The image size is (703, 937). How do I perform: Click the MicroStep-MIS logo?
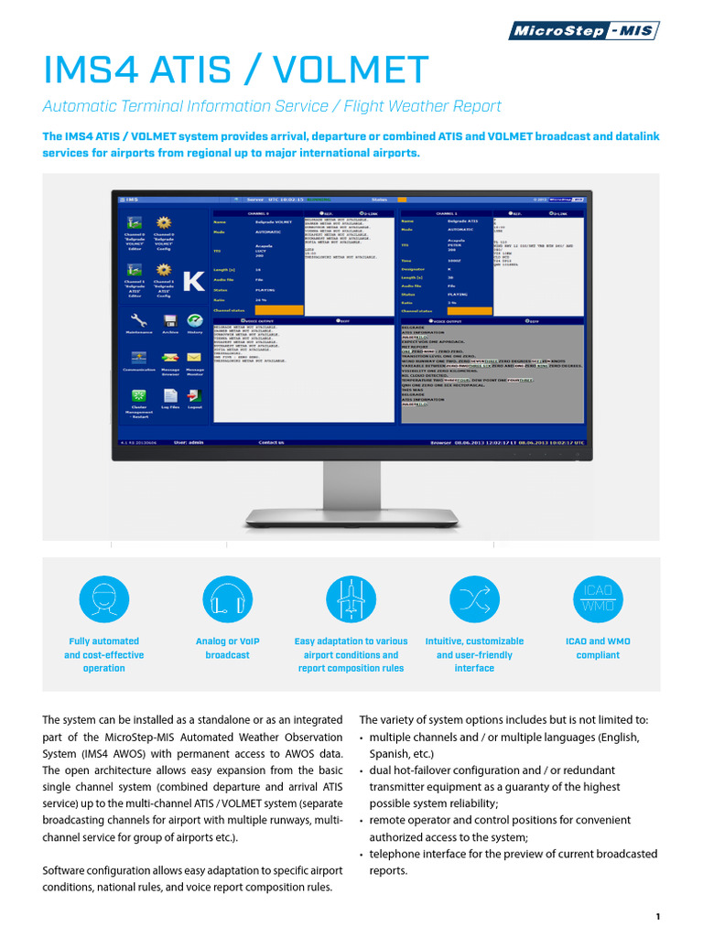584,31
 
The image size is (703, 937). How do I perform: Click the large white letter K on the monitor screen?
193,282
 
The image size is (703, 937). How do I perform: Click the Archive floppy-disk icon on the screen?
169,320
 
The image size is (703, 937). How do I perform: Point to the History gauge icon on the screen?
195,320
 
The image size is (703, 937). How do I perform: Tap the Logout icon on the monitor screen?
195,395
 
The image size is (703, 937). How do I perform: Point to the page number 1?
658,916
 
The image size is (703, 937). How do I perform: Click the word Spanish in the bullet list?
389,754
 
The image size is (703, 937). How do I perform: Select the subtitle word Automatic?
81,106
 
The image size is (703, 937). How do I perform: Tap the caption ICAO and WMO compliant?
598,648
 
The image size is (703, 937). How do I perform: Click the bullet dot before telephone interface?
362,855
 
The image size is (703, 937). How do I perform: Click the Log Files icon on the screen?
169,395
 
